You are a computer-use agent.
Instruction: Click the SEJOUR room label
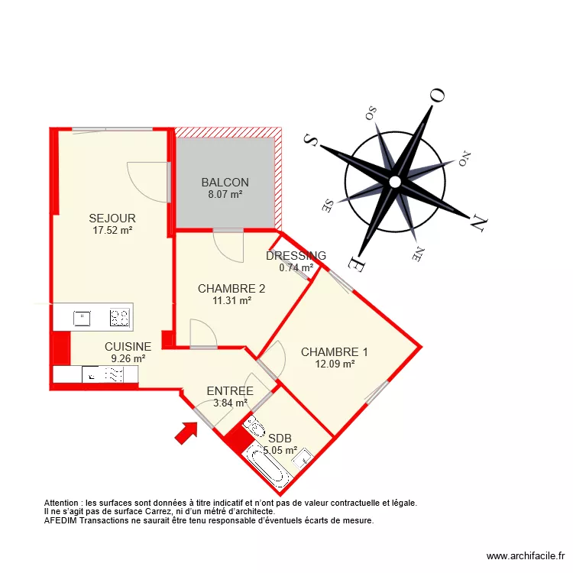pyautogui.click(x=112, y=219)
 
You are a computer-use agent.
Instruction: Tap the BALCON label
pyautogui.click(x=225, y=183)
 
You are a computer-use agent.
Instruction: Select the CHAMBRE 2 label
pyautogui.click(x=231, y=289)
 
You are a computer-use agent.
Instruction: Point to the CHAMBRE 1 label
pyautogui.click(x=334, y=352)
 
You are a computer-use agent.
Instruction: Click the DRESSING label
pyautogui.click(x=296, y=256)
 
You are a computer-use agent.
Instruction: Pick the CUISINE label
pyautogui.click(x=128, y=347)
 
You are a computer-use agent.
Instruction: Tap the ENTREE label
pyautogui.click(x=230, y=391)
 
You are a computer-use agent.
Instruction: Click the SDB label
pyautogui.click(x=280, y=438)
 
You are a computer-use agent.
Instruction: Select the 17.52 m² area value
pyautogui.click(x=112, y=230)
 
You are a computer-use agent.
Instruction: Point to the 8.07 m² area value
pyautogui.click(x=225, y=195)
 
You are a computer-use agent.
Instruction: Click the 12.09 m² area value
pyautogui.click(x=334, y=364)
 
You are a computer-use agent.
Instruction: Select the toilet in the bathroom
pyautogui.click(x=254, y=426)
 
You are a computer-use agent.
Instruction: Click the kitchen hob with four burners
pyautogui.click(x=119, y=317)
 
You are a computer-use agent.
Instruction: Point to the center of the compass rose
pyautogui.click(x=394, y=182)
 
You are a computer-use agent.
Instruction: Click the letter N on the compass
pyautogui.click(x=478, y=223)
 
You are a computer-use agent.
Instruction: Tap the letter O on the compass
pyautogui.click(x=437, y=95)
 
